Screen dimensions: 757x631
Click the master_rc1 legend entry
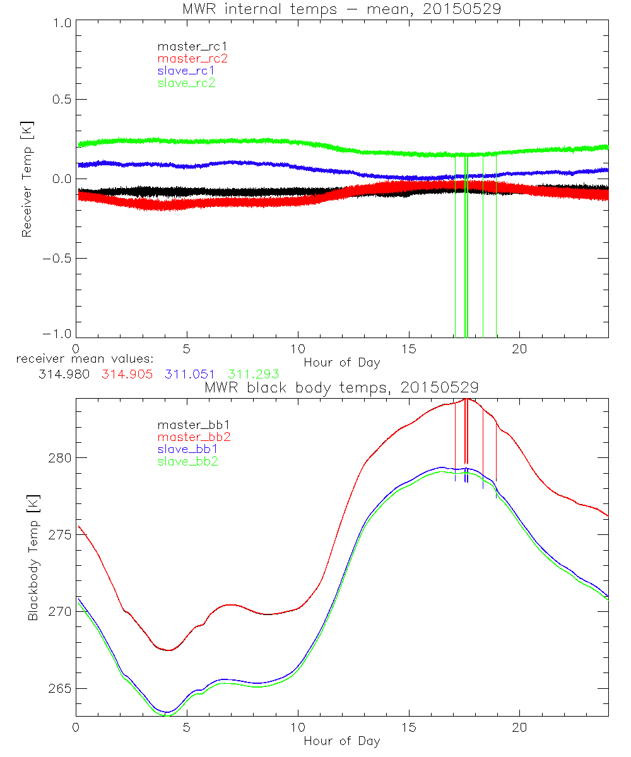pyautogui.click(x=186, y=46)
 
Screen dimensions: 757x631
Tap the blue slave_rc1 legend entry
pyautogui.click(x=186, y=70)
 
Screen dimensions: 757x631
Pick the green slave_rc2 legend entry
pyautogui.click(x=186, y=83)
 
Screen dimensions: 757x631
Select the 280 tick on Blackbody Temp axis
pyautogui.click(x=59, y=457)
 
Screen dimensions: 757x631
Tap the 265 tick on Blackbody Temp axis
pyautogui.click(x=59, y=688)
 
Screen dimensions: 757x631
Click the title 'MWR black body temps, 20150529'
pyautogui.click(x=341, y=387)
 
